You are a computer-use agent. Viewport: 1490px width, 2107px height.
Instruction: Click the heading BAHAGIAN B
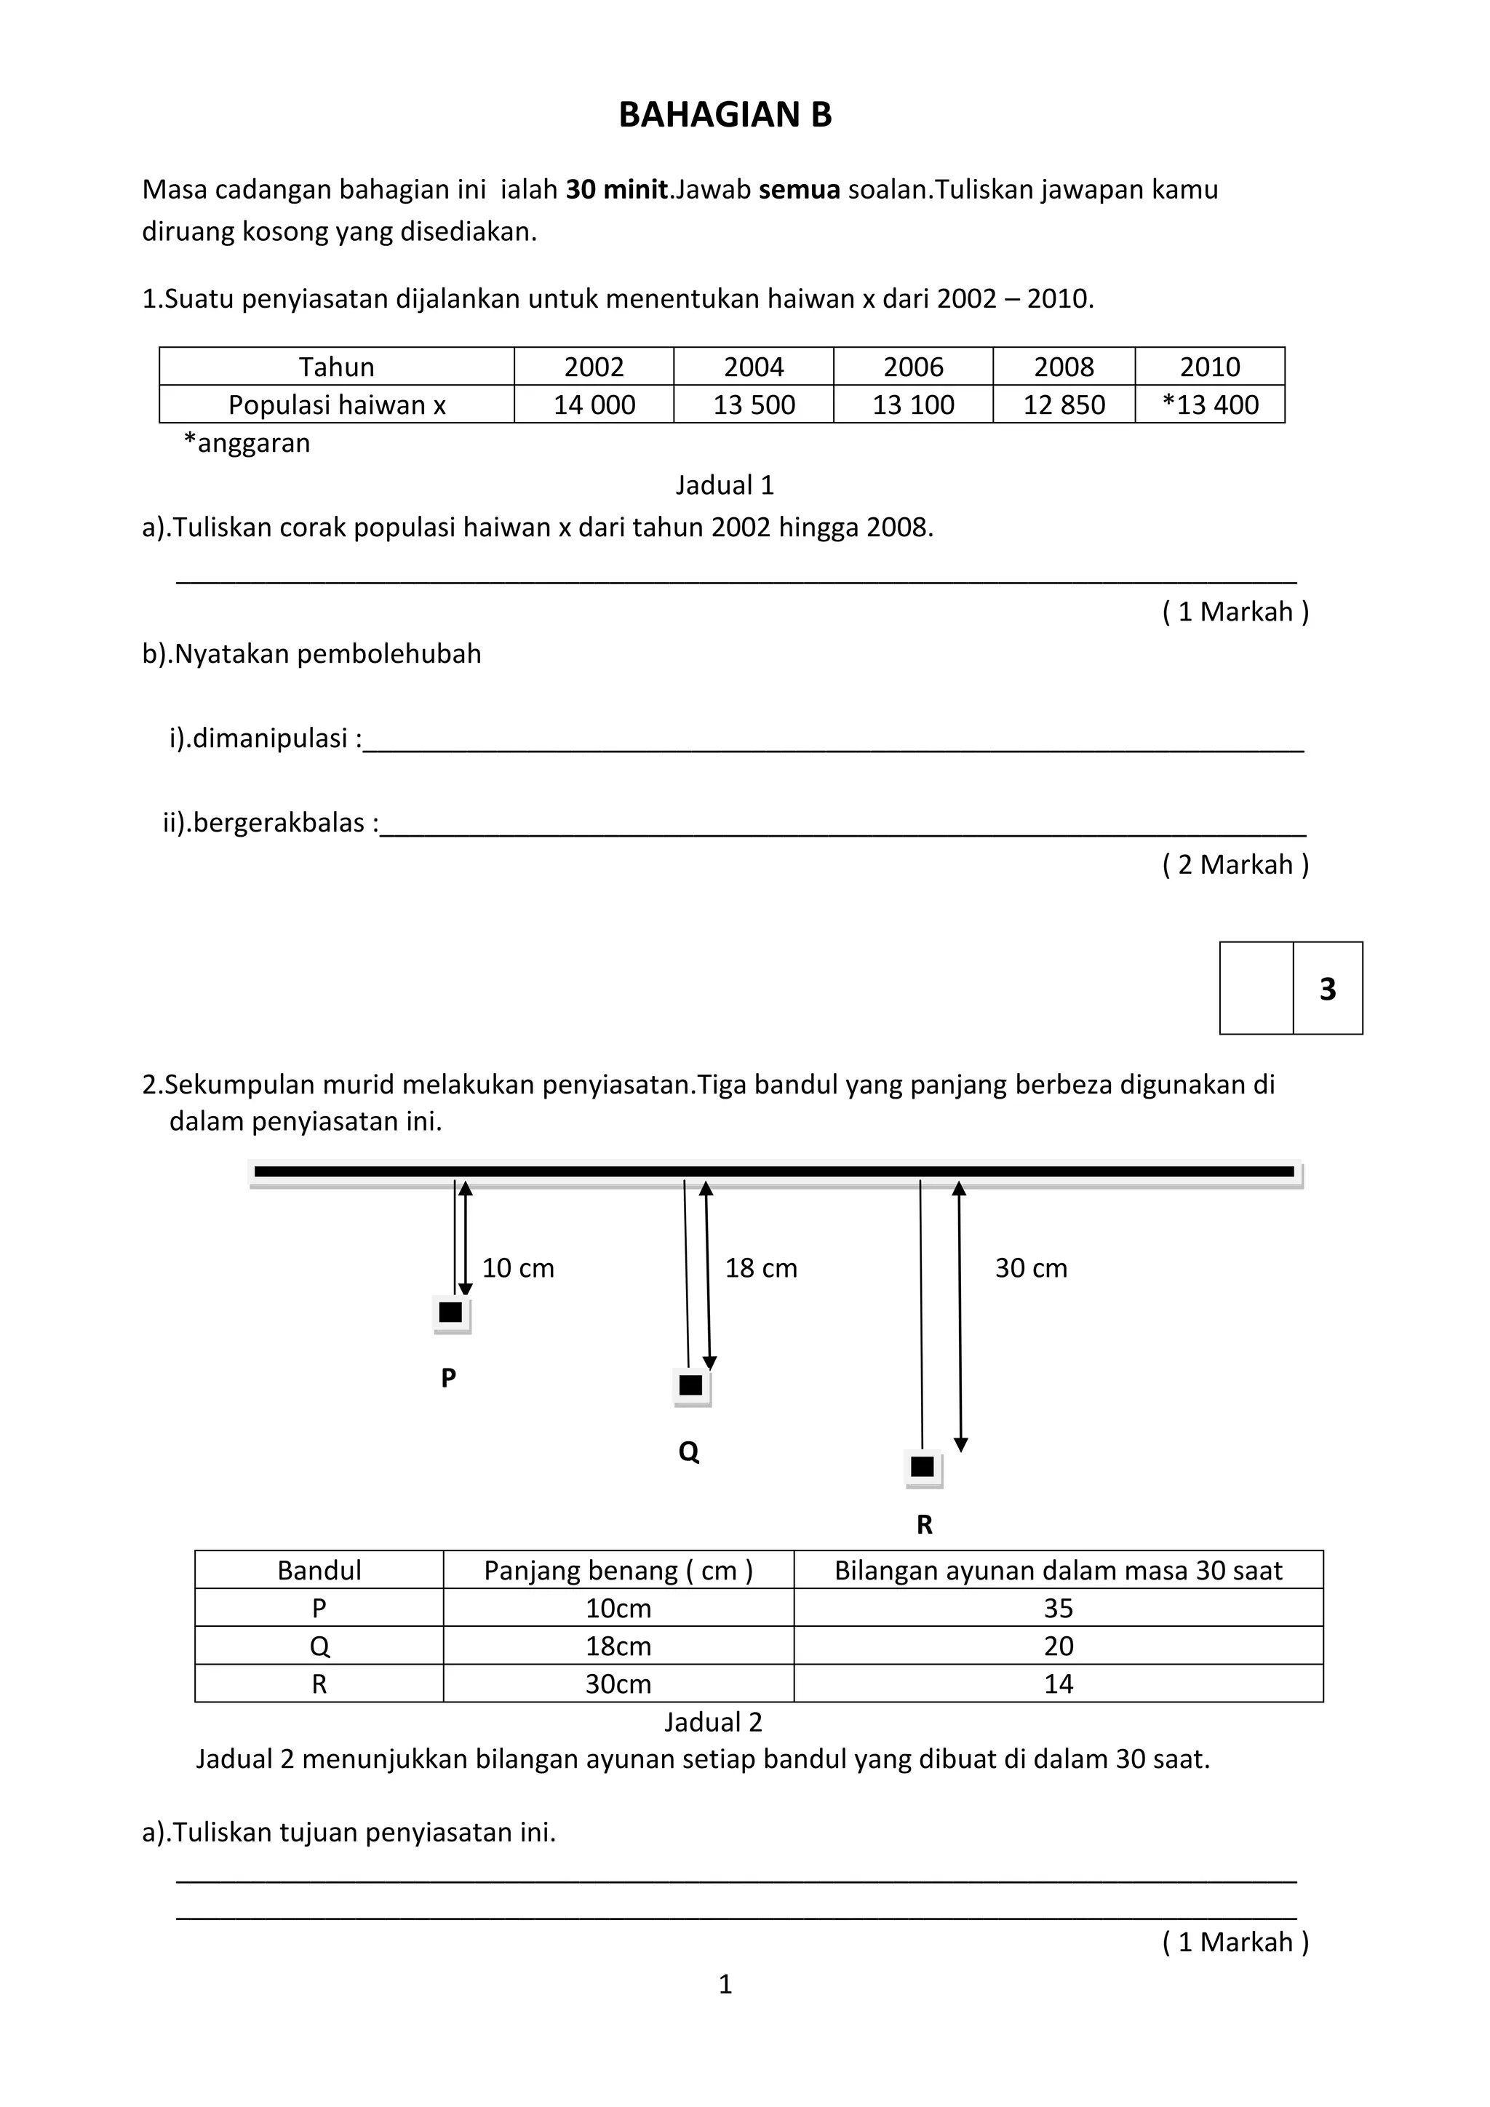(x=725, y=115)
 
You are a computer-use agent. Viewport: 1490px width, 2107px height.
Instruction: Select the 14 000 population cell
(x=594, y=405)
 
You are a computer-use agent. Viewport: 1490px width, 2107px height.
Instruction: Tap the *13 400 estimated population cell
(x=1209, y=405)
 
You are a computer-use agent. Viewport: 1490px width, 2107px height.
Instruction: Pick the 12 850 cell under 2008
(x=1064, y=405)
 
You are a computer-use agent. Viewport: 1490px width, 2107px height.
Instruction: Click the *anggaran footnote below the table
(x=247, y=443)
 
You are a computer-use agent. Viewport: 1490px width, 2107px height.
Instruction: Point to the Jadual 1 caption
(x=725, y=485)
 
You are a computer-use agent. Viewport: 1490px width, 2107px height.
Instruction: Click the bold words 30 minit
(x=616, y=190)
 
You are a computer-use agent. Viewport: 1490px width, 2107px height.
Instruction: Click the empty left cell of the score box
(x=1256, y=988)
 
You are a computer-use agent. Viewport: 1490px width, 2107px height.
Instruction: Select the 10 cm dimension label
(x=517, y=1268)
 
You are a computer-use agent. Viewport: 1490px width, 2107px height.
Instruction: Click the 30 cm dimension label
(x=1030, y=1268)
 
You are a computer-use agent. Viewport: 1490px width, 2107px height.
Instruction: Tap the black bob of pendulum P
(x=450, y=1313)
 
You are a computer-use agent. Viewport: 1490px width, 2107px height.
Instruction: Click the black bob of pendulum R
(x=922, y=1467)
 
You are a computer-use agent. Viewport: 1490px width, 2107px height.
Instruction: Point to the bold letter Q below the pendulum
(x=688, y=1451)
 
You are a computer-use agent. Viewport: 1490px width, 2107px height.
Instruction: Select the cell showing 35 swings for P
(x=1058, y=1608)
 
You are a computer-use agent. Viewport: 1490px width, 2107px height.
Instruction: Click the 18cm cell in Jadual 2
(x=618, y=1646)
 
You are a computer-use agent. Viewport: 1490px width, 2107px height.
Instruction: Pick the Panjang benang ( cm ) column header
(x=618, y=1570)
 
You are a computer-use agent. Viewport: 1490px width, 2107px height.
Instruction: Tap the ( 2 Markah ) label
(x=1235, y=864)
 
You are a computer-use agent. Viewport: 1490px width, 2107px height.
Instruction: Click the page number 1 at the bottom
(x=725, y=1984)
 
